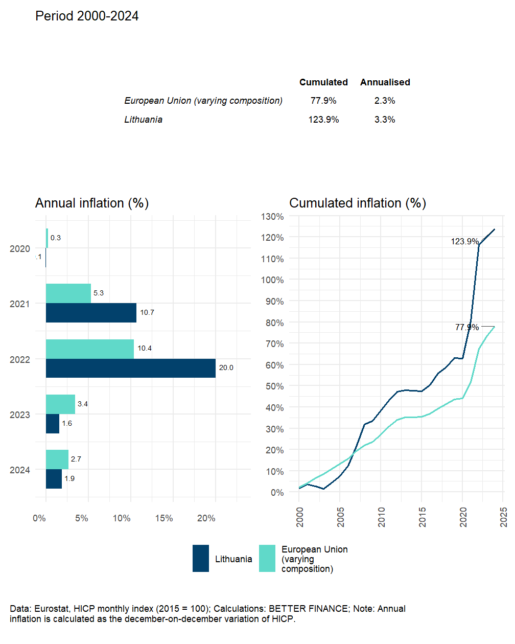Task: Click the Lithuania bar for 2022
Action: click(131, 368)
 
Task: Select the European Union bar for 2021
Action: click(68, 293)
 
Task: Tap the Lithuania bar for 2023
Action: click(53, 424)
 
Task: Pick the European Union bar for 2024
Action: click(57, 459)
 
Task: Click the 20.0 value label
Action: click(226, 367)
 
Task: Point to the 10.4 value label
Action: click(145, 348)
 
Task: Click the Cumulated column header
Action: click(323, 82)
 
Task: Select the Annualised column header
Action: click(385, 82)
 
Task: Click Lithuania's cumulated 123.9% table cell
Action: click(323, 120)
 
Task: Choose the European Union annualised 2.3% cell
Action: click(385, 101)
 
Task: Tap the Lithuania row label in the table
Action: click(144, 120)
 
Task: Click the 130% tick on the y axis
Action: click(272, 217)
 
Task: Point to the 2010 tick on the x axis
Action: click(382, 517)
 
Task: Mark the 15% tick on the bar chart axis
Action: click(164, 518)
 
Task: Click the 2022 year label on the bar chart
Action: click(20, 360)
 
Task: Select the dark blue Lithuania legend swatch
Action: click(201, 558)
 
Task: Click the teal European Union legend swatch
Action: click(267, 558)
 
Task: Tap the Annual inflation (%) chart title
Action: click(92, 203)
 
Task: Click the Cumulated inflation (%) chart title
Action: click(358, 203)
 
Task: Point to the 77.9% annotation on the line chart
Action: click(467, 327)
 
